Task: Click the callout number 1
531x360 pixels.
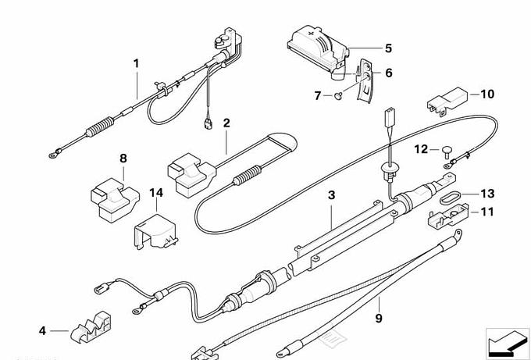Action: point(136,62)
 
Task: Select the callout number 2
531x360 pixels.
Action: point(226,123)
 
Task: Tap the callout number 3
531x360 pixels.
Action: point(331,197)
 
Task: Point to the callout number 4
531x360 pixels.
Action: point(42,330)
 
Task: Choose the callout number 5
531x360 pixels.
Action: point(388,48)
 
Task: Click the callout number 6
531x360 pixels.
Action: point(388,73)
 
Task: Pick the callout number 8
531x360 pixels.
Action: point(123,159)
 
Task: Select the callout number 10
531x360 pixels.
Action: point(487,94)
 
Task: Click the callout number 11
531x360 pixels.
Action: point(487,212)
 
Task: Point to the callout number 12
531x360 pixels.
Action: point(420,148)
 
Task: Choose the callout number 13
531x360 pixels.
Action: point(487,193)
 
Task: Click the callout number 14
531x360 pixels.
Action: point(156,192)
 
